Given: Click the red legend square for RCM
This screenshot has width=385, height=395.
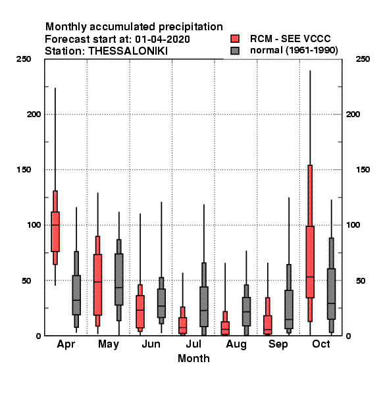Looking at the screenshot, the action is tap(235, 39).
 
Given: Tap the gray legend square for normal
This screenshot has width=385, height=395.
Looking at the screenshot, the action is tap(235, 51).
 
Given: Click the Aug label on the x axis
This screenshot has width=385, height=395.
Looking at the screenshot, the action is tap(236, 344).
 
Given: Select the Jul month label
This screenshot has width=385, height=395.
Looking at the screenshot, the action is tap(193, 344).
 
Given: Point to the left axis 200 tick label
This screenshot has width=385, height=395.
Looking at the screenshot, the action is tap(34, 115).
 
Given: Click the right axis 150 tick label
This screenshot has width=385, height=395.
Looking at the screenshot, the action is tap(363, 170).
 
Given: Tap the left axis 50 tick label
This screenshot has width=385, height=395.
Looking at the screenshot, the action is tap(26, 280).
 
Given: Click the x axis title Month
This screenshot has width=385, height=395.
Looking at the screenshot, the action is tap(193, 358).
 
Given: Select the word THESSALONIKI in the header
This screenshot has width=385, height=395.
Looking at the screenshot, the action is tap(128, 51).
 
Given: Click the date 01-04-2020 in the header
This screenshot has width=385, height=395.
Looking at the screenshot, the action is tap(163, 39).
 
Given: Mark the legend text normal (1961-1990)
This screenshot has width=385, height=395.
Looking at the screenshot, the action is tap(294, 51).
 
